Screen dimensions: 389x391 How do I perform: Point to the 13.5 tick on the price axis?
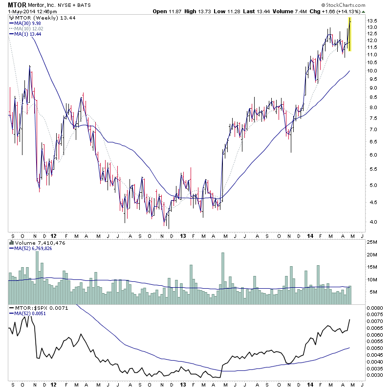point(373,21)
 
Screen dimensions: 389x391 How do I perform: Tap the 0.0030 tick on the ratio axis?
point(375,375)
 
